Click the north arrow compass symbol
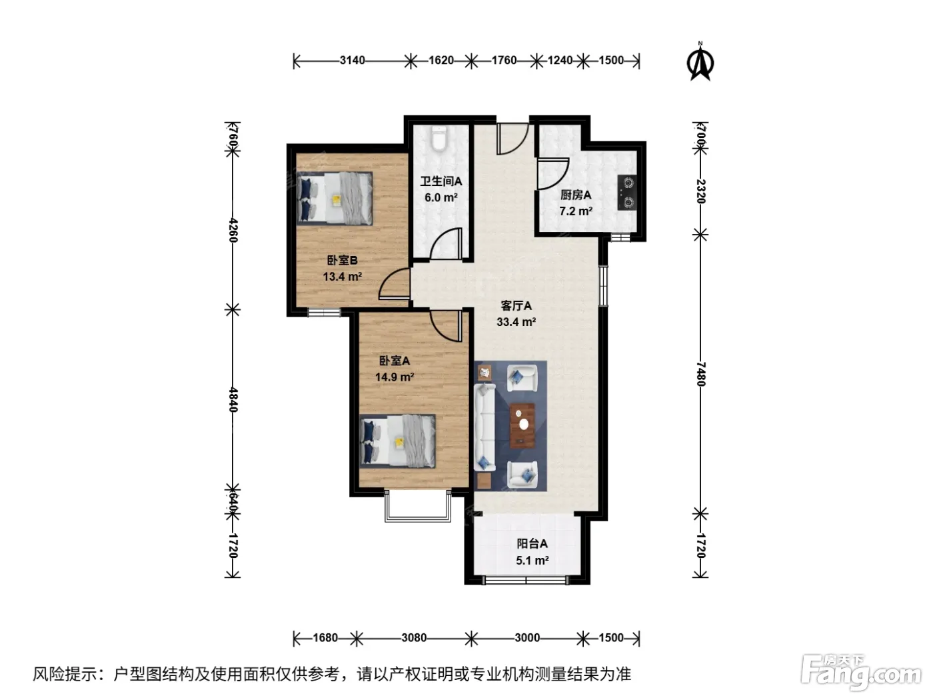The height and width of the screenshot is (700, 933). [x=700, y=61]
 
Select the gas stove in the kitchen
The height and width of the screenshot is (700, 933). [x=627, y=193]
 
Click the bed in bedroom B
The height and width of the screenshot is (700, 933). [x=335, y=198]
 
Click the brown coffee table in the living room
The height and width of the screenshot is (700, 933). [x=522, y=425]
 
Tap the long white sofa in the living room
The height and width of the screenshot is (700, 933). [x=484, y=427]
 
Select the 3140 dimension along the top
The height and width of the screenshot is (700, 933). [x=352, y=61]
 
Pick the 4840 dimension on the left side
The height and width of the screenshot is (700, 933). [x=233, y=399]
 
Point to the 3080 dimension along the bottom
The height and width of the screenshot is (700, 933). [x=414, y=637]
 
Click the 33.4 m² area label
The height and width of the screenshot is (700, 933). [x=516, y=322]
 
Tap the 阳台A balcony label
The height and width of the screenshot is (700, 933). [x=532, y=543]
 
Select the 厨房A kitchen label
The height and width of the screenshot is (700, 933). [x=576, y=195]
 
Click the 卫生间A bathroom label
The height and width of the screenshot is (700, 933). [x=441, y=181]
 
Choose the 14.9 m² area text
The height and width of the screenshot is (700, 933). [x=395, y=377]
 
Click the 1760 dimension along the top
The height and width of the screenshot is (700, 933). [x=504, y=61]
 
